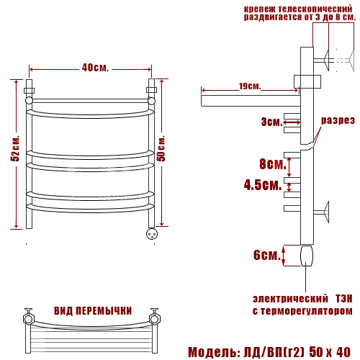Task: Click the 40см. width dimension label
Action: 95,68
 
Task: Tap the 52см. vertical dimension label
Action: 15,149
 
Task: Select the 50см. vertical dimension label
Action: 161,148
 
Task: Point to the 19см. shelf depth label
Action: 250,86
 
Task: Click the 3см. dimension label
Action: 272,122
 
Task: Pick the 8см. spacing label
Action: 273,164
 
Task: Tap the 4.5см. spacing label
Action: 263,185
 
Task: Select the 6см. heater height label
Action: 267,255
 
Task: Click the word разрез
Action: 338,120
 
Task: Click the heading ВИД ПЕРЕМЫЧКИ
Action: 93,311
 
